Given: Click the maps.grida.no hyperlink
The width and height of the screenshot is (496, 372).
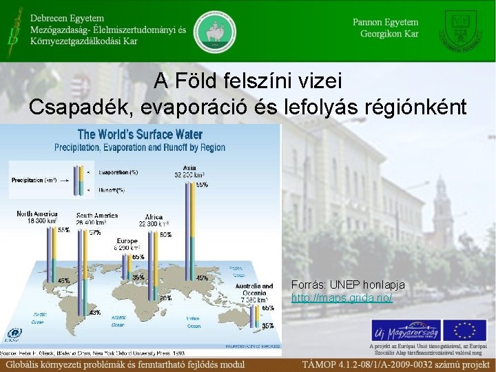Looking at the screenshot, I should click(x=342, y=297).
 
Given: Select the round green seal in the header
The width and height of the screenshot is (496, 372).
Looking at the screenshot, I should click(x=214, y=30).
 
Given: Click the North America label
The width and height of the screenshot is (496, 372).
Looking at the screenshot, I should click(x=37, y=214).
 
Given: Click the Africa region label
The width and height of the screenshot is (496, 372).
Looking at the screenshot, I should click(x=153, y=218).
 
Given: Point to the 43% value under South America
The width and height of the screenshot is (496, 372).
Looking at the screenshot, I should click(x=94, y=313).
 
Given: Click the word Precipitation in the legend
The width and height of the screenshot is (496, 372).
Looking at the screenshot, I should click(x=26, y=180).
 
